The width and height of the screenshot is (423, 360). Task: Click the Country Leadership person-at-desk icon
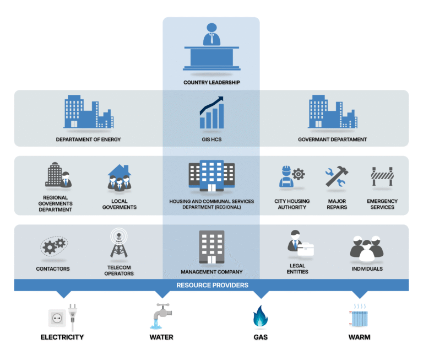click(211, 47)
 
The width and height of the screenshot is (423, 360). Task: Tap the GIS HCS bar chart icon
click(211, 112)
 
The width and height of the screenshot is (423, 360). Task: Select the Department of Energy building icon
click(89, 111)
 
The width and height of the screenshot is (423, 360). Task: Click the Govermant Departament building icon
click(333, 111)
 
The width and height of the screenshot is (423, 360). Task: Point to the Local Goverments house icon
click(120, 178)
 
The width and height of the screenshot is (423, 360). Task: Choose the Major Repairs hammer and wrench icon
click(337, 176)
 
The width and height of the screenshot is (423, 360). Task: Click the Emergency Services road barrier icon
click(382, 176)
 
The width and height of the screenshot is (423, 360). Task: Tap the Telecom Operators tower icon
click(119, 243)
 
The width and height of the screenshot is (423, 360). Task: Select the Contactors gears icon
click(54, 246)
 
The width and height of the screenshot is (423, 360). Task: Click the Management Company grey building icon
click(211, 247)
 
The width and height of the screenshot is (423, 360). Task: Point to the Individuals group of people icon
click(367, 249)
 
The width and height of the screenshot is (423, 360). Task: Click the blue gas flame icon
click(261, 316)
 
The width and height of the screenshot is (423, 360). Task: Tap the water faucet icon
click(161, 316)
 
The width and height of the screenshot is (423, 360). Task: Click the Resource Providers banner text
click(212, 285)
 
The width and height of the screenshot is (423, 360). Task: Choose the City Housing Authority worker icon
click(292, 176)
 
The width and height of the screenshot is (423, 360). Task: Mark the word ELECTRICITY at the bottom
click(62, 337)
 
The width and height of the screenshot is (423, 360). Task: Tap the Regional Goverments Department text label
click(55, 203)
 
